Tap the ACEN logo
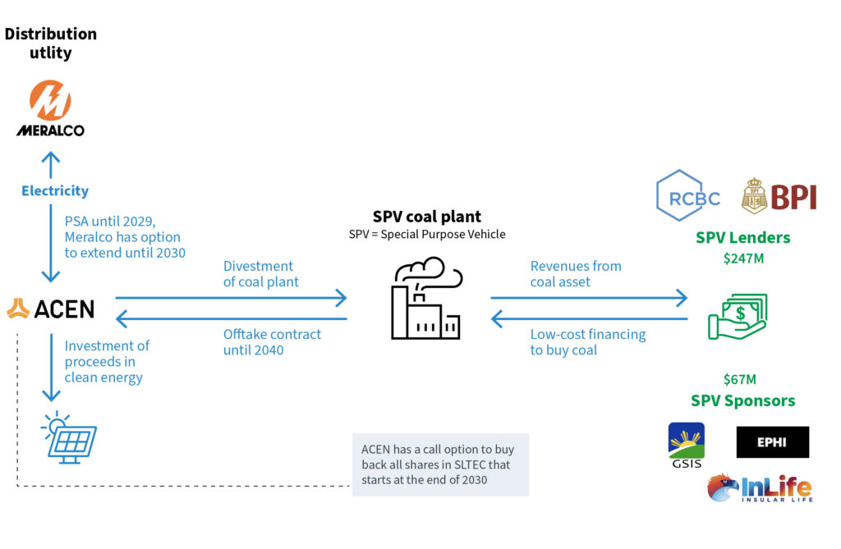pos(50,309)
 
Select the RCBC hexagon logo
pos(688,197)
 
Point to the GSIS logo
pos(687,446)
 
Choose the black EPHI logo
pos(772,442)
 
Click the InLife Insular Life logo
pos(760,488)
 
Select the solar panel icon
pos(69,437)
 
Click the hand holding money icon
pos(738,316)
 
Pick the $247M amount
pos(742,259)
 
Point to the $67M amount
pos(740,379)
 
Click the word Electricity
pos(55,191)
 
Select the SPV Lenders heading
pos(742,238)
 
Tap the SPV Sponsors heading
pos(742,400)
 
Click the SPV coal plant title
pos(427,217)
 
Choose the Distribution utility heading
pos(51,43)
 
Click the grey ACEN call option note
pos(440,464)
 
